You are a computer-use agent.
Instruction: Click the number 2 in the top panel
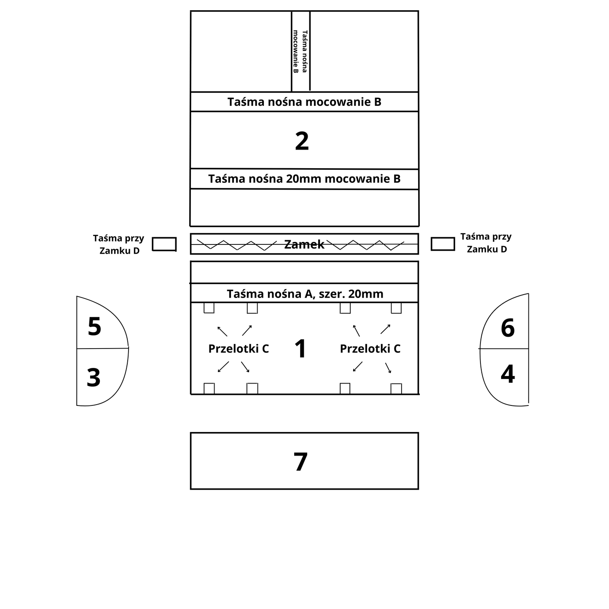(302, 141)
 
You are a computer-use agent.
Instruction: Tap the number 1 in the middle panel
(300, 349)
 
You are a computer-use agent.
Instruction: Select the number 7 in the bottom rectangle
(300, 461)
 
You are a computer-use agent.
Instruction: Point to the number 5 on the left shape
(94, 327)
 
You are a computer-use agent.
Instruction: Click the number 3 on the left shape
(94, 378)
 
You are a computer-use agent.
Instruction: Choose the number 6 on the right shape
(507, 328)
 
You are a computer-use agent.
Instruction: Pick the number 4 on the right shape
(507, 374)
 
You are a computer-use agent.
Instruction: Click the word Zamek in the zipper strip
(304, 244)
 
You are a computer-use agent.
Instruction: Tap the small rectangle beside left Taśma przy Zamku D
(164, 244)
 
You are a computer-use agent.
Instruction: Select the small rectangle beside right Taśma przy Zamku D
(443, 244)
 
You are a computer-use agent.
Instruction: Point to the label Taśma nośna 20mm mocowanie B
(304, 179)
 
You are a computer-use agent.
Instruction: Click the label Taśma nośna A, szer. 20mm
(305, 294)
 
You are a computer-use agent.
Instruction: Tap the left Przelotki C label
(239, 349)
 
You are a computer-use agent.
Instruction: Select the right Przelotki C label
(370, 349)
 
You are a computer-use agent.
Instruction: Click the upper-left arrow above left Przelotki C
(222, 331)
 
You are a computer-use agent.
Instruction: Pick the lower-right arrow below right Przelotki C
(388, 368)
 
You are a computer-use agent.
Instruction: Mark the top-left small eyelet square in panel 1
(209, 308)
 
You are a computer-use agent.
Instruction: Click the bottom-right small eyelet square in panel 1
(396, 388)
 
